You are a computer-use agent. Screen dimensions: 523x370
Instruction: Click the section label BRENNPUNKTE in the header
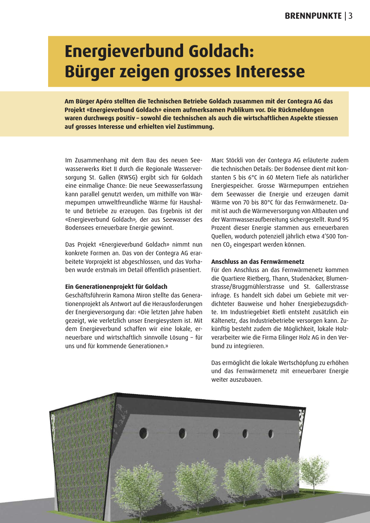click(313, 16)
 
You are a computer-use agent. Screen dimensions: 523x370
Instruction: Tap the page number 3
click(350, 16)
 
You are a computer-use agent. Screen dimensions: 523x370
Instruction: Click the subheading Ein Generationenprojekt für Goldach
click(116, 286)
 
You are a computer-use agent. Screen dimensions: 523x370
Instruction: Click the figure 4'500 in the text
click(323, 236)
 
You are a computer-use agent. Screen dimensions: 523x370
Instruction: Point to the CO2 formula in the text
click(227, 245)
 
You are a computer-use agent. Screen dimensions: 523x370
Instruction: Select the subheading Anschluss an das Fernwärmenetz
click(258, 261)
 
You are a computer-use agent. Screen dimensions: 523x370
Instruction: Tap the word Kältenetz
click(224, 321)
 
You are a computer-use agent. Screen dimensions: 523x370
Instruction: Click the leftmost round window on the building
click(143, 433)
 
